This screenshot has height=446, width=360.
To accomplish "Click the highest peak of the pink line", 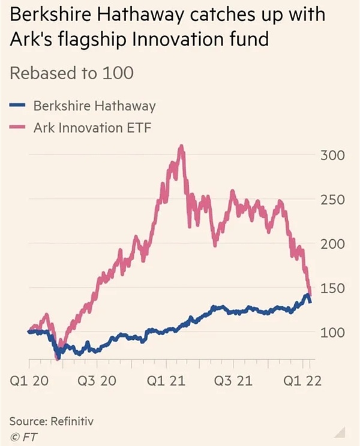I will point(181,147).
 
